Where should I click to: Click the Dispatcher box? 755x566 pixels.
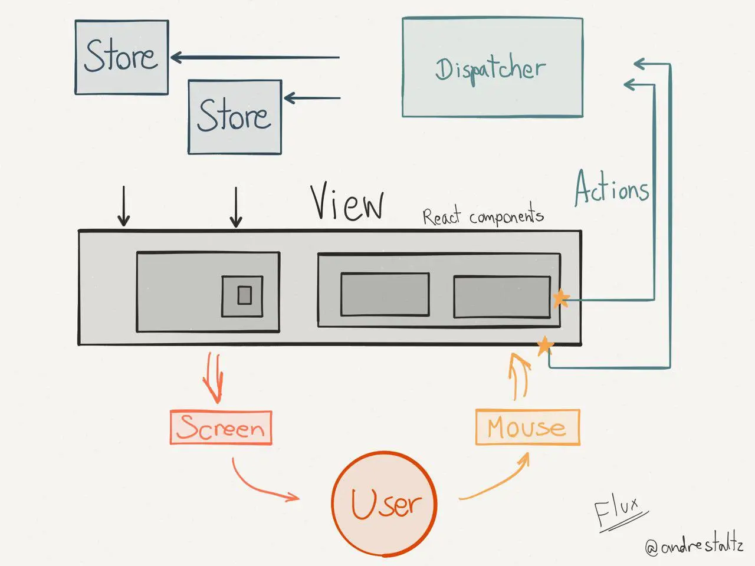pos(492,67)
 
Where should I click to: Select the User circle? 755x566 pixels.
pos(384,504)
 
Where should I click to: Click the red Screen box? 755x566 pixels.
pos(221,427)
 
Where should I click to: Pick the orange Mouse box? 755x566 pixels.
pos(527,427)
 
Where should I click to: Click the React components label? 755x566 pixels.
pos(482,216)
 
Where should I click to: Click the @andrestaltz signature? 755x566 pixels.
pos(694,545)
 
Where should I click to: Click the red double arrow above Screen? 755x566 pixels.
pos(213,377)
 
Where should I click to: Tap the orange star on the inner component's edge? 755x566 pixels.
pos(560,299)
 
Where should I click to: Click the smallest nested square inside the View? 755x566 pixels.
pos(244,295)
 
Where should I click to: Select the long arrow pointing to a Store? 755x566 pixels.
pos(255,58)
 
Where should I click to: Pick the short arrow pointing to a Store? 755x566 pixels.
pos(312,98)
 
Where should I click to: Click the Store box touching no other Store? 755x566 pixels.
pos(122,57)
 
